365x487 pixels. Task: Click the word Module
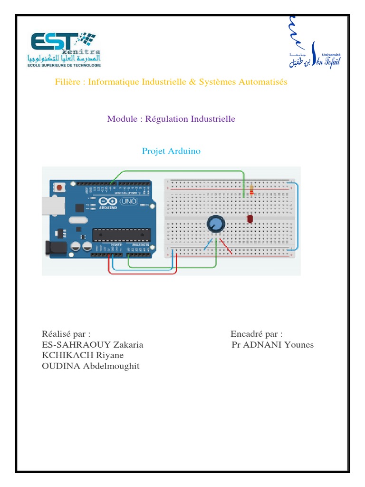[x=121, y=118]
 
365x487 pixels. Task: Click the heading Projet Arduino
[x=171, y=151]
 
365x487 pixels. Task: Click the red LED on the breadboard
[x=250, y=218]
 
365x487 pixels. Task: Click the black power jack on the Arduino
[x=53, y=248]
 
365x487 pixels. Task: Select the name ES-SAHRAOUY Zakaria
[x=92, y=344]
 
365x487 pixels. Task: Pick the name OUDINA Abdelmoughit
[x=91, y=366]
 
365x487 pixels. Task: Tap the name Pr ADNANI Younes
[x=272, y=344]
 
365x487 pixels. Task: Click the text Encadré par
[x=256, y=333]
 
